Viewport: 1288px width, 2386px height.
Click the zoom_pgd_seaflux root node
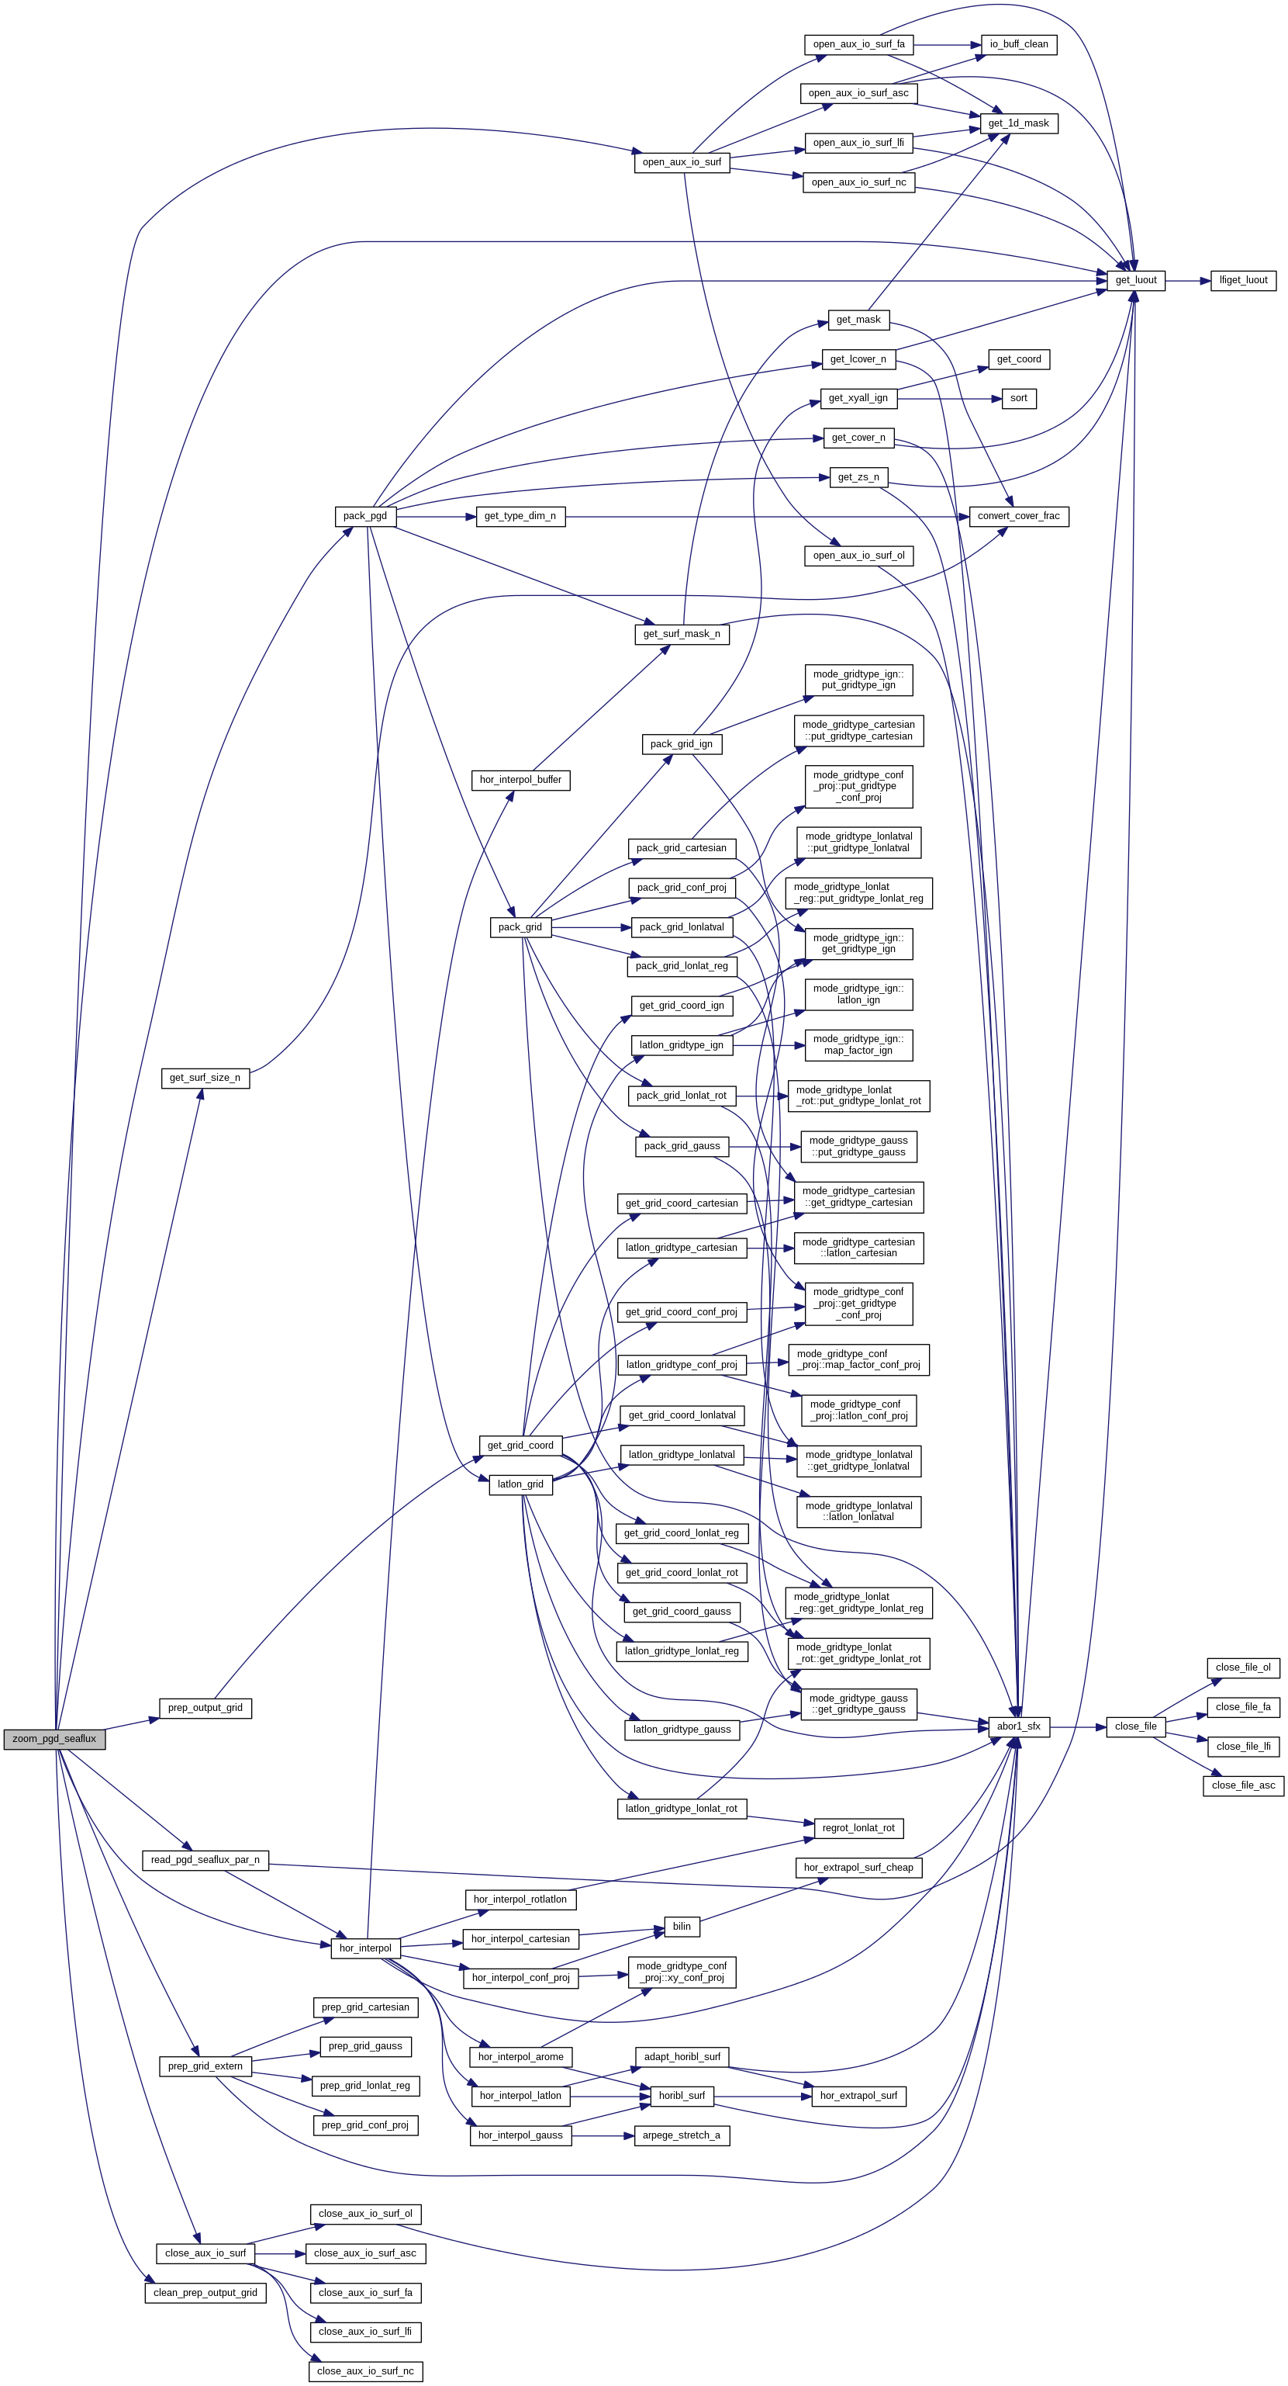click(x=54, y=1739)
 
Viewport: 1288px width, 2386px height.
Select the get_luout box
click(x=1135, y=280)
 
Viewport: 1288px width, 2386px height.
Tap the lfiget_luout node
click(x=1242, y=280)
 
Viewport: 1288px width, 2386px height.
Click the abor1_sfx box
click(x=1019, y=1726)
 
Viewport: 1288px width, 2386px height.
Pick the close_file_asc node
click(x=1242, y=1785)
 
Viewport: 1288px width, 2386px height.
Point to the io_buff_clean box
click(x=1019, y=44)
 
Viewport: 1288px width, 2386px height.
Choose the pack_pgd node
click(x=364, y=516)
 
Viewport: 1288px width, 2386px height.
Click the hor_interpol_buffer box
click(x=520, y=780)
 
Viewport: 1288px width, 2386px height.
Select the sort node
click(x=1019, y=398)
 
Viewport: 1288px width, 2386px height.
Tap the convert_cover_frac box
click(x=1019, y=516)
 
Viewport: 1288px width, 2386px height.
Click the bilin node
click(x=682, y=1927)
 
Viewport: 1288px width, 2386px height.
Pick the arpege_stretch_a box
click(x=682, y=2135)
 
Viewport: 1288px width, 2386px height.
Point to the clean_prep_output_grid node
click(x=205, y=2292)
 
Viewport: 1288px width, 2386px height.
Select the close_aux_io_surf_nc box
click(x=364, y=2370)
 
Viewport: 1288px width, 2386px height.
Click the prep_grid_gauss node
click(x=364, y=2046)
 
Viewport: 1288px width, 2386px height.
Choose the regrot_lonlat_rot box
click(x=858, y=1827)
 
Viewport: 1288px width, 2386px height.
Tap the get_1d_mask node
click(x=1019, y=123)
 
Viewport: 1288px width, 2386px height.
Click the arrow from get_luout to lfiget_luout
click(x=1188, y=280)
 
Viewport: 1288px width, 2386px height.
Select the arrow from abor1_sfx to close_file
click(x=1078, y=1726)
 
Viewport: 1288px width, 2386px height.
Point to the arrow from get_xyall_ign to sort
click(x=949, y=398)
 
